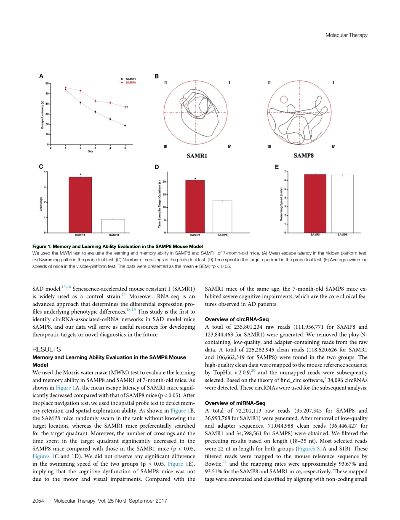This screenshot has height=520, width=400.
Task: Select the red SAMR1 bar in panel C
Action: tap(80, 205)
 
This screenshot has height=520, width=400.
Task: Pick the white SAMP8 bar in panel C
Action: tap(113, 226)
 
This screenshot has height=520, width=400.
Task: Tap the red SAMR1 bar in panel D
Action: tap(195, 206)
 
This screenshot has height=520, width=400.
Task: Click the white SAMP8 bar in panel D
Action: tap(222, 217)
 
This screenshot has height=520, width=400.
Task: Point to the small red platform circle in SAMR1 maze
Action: tap(183, 102)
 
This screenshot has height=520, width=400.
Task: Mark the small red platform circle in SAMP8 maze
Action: tap(284, 99)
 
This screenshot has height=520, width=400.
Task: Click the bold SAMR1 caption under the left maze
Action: tap(197, 155)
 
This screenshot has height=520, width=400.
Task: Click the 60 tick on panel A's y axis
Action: tap(48, 83)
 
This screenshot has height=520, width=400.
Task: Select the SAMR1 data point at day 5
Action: tap(125, 126)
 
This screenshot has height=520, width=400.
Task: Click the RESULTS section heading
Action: tap(47, 349)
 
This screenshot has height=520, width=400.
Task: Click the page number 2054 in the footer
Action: tap(39, 501)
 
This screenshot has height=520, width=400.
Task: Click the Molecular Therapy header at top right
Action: tap(347, 35)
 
